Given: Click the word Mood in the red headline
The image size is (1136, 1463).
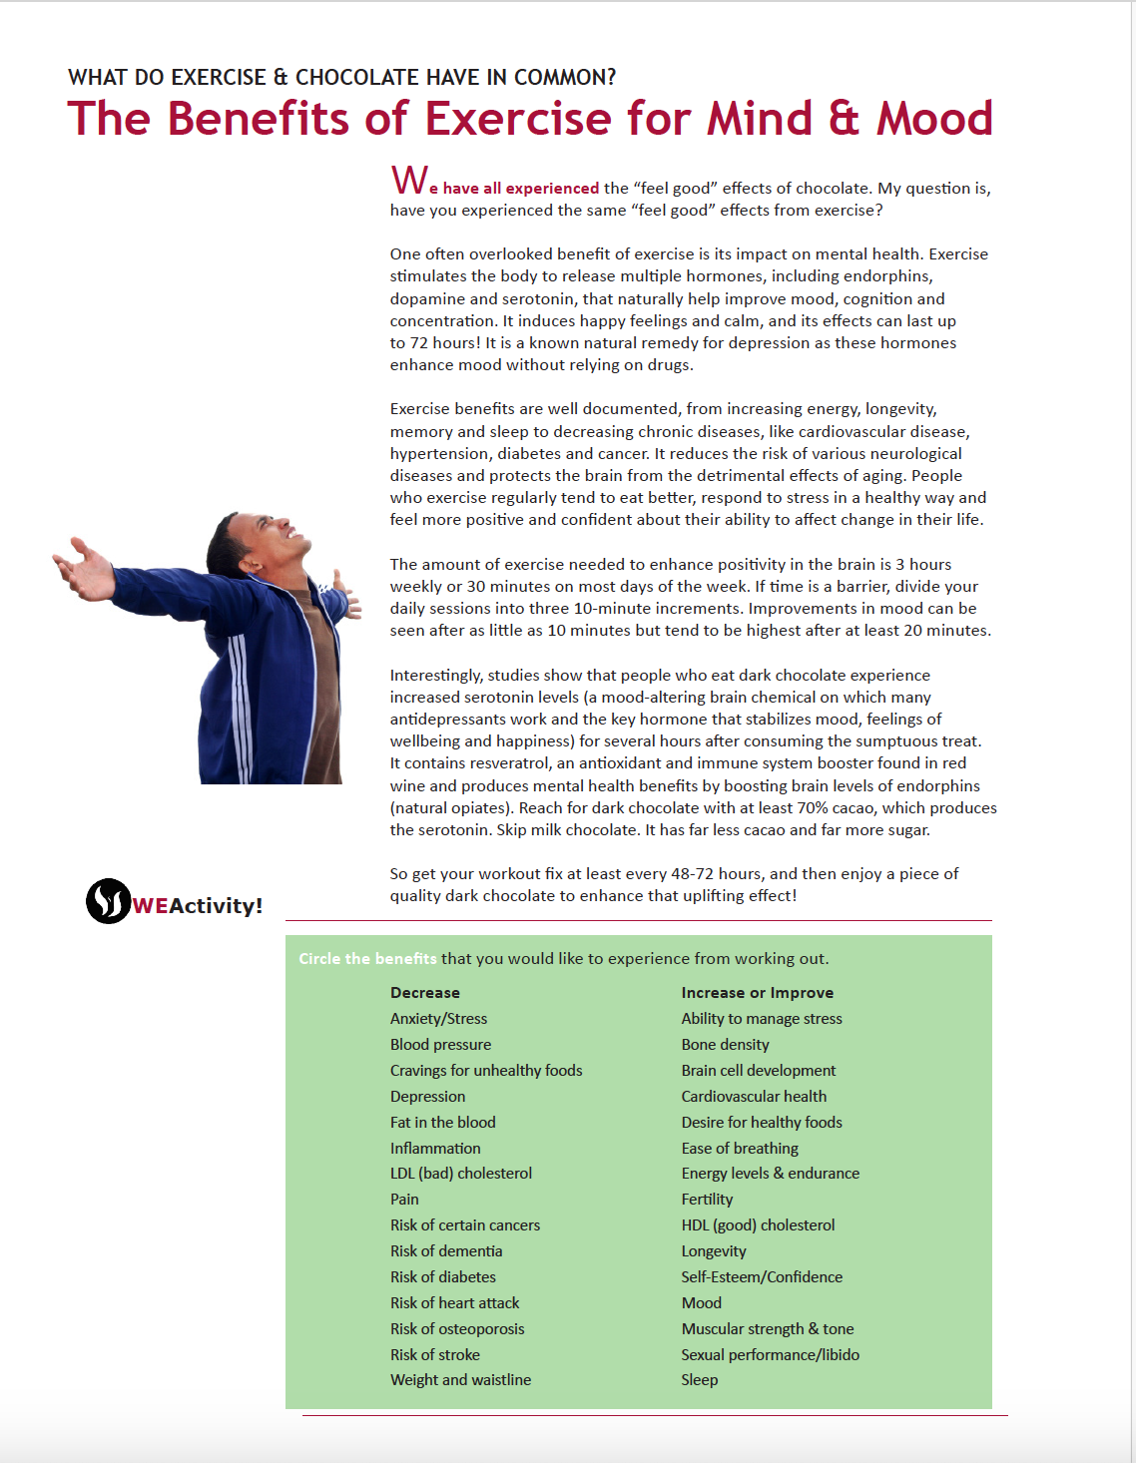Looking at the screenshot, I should pyautogui.click(x=934, y=118).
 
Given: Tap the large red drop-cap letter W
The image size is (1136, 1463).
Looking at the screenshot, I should pyautogui.click(x=409, y=181).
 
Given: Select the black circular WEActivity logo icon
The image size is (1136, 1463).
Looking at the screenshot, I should pyautogui.click(x=108, y=901).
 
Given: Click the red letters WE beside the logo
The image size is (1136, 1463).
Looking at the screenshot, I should pyautogui.click(x=151, y=905).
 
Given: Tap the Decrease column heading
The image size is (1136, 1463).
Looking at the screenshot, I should pyautogui.click(x=425, y=993).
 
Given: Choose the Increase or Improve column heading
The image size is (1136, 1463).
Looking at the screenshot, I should pyautogui.click(x=757, y=993).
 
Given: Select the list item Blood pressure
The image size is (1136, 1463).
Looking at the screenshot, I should pyautogui.click(x=440, y=1045).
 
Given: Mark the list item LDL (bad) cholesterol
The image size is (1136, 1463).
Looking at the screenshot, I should pyautogui.click(x=461, y=1174).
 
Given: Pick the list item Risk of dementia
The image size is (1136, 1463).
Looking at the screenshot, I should pyautogui.click(x=446, y=1251).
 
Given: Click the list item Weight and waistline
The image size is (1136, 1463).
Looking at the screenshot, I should pyautogui.click(x=460, y=1380).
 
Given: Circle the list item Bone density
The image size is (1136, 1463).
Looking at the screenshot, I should pyautogui.click(x=725, y=1045).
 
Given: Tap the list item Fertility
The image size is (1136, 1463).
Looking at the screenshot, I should pyautogui.click(x=707, y=1200).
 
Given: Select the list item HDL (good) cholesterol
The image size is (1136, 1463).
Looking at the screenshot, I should pyautogui.click(x=758, y=1225).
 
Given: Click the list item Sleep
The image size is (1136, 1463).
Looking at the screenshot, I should pyautogui.click(x=699, y=1380).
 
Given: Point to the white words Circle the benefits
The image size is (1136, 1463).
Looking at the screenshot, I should pyautogui.click(x=367, y=959).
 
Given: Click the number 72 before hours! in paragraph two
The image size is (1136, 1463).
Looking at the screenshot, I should pyautogui.click(x=419, y=343).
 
